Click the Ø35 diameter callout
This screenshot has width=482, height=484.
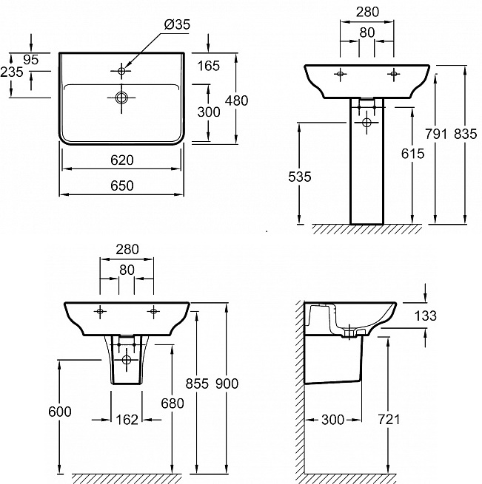click(177, 24)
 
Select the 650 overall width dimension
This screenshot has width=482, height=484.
click(122, 185)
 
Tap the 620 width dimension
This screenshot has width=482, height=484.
click(122, 160)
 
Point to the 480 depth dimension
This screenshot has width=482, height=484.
click(236, 100)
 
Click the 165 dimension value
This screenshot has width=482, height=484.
click(209, 66)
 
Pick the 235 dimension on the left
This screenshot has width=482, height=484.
click(12, 72)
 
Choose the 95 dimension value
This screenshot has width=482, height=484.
click(30, 60)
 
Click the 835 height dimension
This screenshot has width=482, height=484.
click(465, 134)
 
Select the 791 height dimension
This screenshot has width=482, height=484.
click(436, 134)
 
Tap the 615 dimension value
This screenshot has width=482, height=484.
click(412, 154)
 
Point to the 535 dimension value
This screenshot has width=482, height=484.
click(299, 177)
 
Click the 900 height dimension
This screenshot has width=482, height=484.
click(227, 384)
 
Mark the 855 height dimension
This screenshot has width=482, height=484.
click(197, 384)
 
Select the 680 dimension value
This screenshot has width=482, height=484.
click(173, 403)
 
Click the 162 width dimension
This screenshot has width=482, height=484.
click(127, 420)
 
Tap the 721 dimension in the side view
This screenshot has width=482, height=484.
click(389, 420)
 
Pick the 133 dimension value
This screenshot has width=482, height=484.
click(425, 316)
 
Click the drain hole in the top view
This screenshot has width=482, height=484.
click(121, 98)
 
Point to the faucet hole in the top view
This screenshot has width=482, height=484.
click(121, 71)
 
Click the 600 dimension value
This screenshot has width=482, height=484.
click(60, 412)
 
